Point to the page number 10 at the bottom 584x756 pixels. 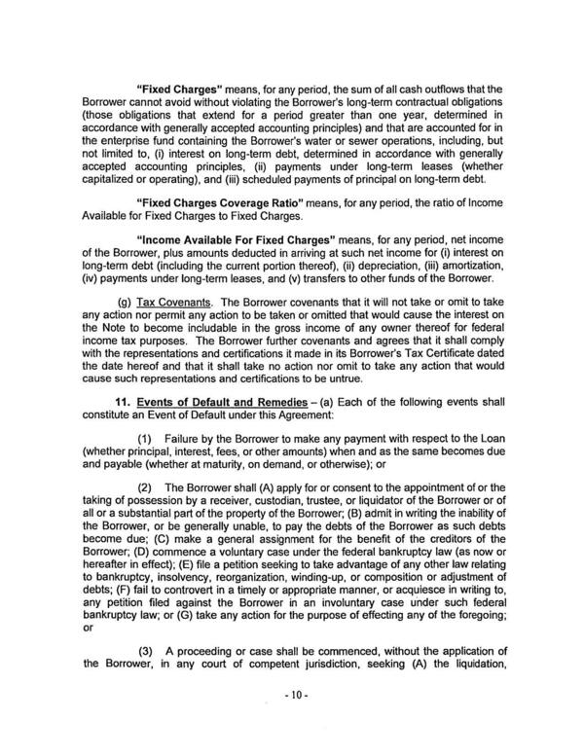(291, 697)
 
